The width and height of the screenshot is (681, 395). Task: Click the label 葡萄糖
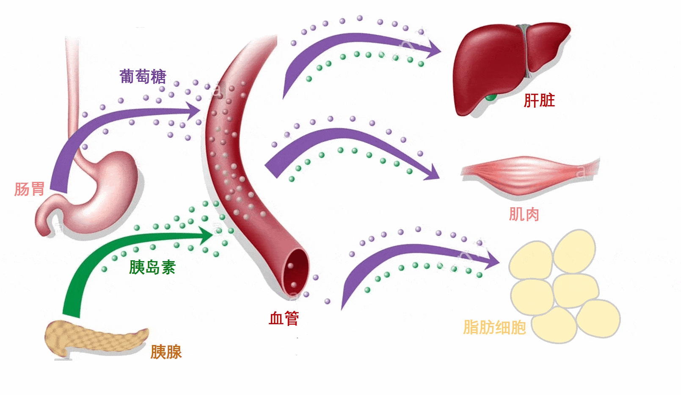click(x=143, y=77)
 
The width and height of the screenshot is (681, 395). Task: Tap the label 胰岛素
click(x=152, y=267)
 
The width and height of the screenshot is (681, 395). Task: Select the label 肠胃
click(x=29, y=189)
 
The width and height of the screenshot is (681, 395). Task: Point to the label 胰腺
click(x=166, y=352)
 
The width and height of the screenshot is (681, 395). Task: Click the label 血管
click(x=284, y=318)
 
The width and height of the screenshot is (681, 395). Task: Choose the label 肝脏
click(x=539, y=100)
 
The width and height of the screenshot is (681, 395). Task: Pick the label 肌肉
click(x=524, y=214)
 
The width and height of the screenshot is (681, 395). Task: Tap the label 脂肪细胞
click(x=494, y=327)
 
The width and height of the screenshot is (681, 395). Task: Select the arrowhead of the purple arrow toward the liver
click(x=434, y=50)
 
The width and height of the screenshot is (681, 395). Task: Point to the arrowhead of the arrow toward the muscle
click(x=433, y=173)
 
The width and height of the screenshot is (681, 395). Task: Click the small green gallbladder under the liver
click(x=491, y=98)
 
